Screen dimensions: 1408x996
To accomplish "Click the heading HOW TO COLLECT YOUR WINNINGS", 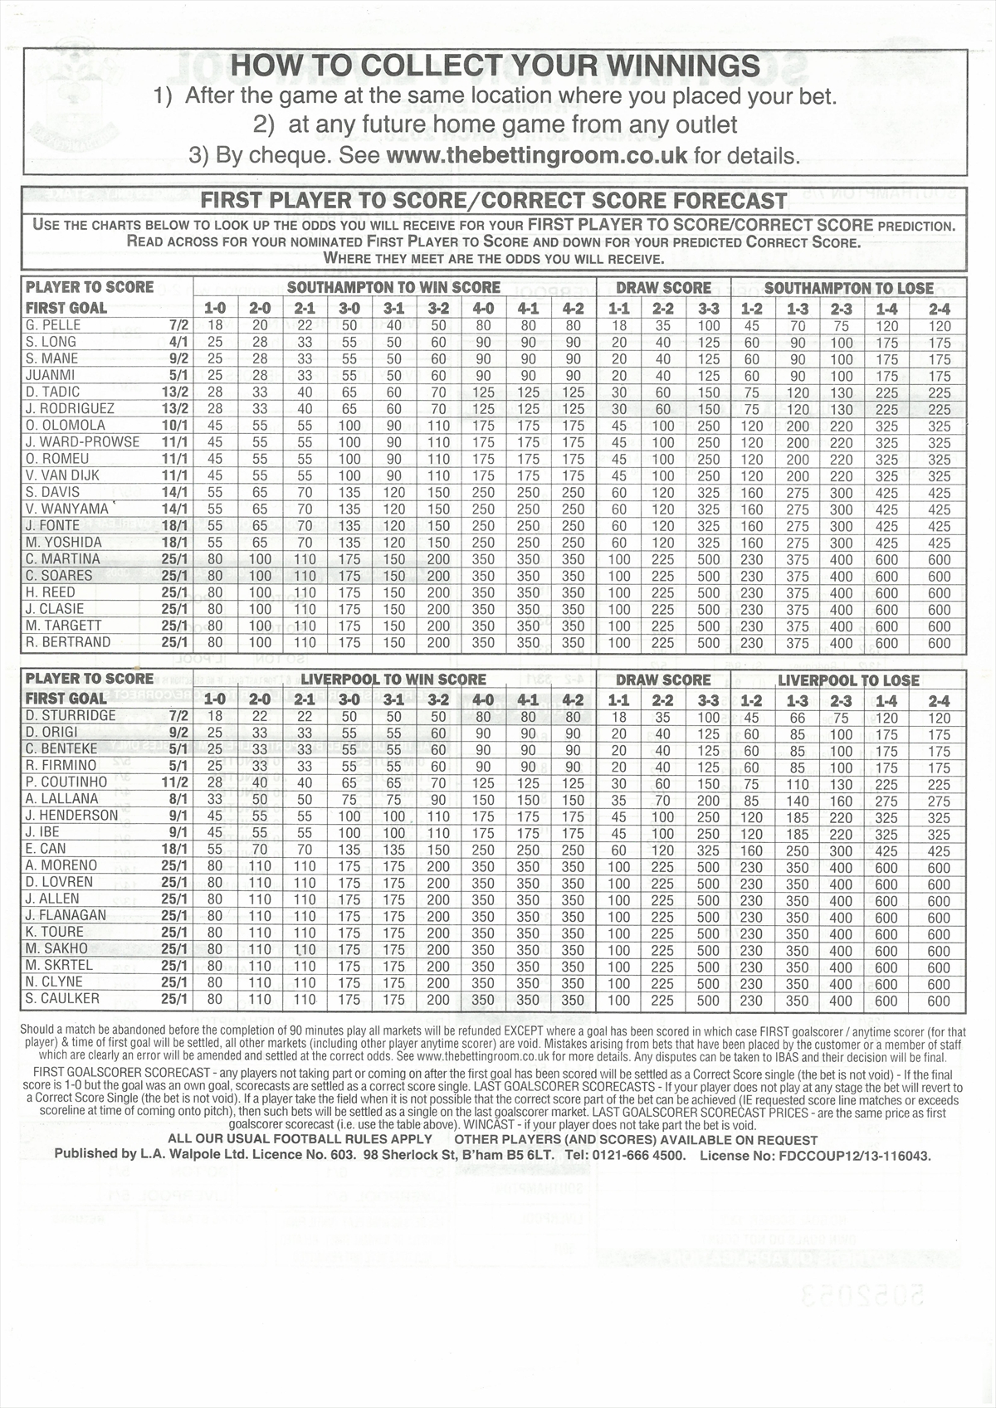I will pyautogui.click(x=495, y=66).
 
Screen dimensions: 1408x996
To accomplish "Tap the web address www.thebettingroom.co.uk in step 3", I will pyautogui.click(x=537, y=155).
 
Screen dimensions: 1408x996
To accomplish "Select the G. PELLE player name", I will pyautogui.click(x=51, y=325).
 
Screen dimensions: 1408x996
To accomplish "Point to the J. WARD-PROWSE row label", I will pyautogui.click(x=83, y=442).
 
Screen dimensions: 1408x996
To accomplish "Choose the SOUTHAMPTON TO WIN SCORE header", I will pyautogui.click(x=393, y=288).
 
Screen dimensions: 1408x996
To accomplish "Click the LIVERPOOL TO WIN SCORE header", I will pyautogui.click(x=393, y=680).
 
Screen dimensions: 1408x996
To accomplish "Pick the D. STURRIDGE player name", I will pyautogui.click(x=71, y=716).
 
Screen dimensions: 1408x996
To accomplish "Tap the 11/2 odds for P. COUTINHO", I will pyautogui.click(x=174, y=782).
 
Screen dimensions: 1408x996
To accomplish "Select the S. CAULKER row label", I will pyautogui.click(x=63, y=999).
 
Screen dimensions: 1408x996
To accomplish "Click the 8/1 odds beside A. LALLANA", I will pyautogui.click(x=178, y=799).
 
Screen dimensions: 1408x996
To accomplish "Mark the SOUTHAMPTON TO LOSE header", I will pyautogui.click(x=848, y=288).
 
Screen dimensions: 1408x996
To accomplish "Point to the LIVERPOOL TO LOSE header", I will pyautogui.click(x=848, y=680).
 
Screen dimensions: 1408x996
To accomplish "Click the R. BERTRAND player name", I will pyautogui.click(x=68, y=642).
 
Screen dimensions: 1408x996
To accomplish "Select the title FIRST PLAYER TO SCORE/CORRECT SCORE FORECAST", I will pyautogui.click(x=494, y=201).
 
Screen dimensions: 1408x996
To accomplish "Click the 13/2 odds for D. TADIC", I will pyautogui.click(x=174, y=392).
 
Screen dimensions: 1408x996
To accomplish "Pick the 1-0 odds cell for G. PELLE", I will pyautogui.click(x=215, y=326).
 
